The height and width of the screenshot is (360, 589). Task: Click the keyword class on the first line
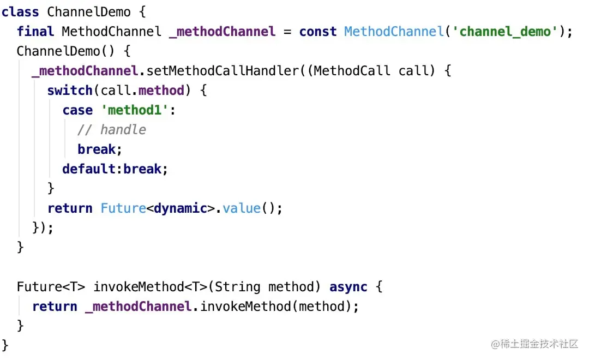(x=20, y=11)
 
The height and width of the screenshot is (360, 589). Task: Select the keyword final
(x=35, y=31)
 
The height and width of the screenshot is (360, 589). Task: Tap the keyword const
(x=318, y=31)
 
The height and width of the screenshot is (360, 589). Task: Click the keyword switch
(x=70, y=90)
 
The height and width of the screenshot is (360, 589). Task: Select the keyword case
(x=77, y=110)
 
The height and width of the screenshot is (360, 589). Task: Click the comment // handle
(x=112, y=129)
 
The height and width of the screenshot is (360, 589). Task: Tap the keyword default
(x=89, y=169)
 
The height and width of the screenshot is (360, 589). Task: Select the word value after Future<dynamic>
(x=242, y=208)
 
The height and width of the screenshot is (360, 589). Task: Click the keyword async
(x=348, y=286)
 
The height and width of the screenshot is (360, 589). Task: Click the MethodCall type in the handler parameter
(x=352, y=70)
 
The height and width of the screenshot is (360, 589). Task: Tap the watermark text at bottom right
(x=534, y=344)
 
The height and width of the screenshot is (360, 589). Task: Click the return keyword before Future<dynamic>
(x=70, y=208)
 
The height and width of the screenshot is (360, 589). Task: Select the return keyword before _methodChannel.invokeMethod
(x=55, y=306)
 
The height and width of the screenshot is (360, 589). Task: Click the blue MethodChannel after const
(x=394, y=31)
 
